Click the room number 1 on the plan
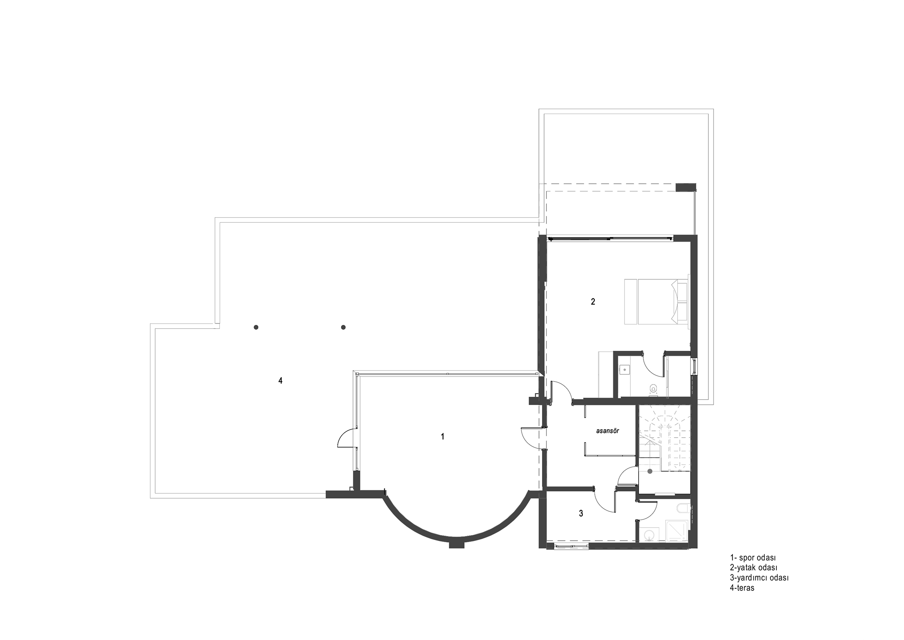(x=443, y=437)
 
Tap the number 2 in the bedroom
(x=593, y=302)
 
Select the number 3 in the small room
(x=581, y=514)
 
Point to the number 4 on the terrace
(x=280, y=381)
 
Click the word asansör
(x=607, y=431)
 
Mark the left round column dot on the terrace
(x=256, y=327)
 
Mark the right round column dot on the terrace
(x=343, y=327)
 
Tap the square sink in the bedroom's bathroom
(x=624, y=369)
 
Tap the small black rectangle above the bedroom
(x=686, y=188)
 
